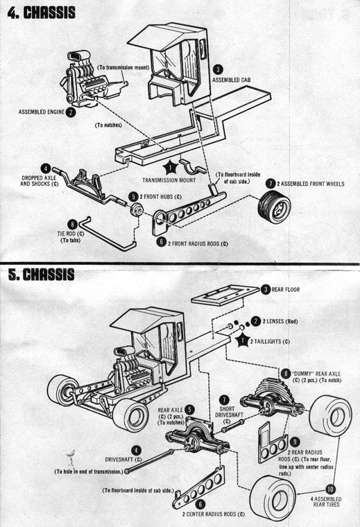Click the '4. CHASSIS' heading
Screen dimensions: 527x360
[41, 13]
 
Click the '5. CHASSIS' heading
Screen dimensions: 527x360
[41, 274]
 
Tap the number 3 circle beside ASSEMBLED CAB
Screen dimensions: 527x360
[218, 69]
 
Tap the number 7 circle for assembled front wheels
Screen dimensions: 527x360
[270, 183]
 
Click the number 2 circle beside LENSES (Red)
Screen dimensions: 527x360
[256, 321]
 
